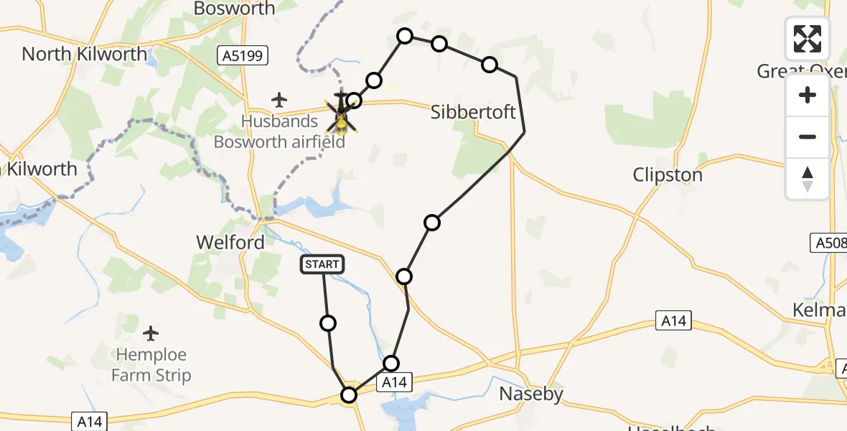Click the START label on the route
322,265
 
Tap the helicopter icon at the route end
341,115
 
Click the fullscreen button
808,39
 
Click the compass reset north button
808,179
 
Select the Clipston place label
668,175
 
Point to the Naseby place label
531,394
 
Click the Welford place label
230,243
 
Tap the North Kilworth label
84,54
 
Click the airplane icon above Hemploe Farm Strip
151,333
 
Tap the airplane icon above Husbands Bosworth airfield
279,99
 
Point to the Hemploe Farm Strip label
151,365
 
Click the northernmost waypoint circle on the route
406,36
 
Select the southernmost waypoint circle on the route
349,395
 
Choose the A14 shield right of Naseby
673,321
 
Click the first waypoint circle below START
328,323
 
